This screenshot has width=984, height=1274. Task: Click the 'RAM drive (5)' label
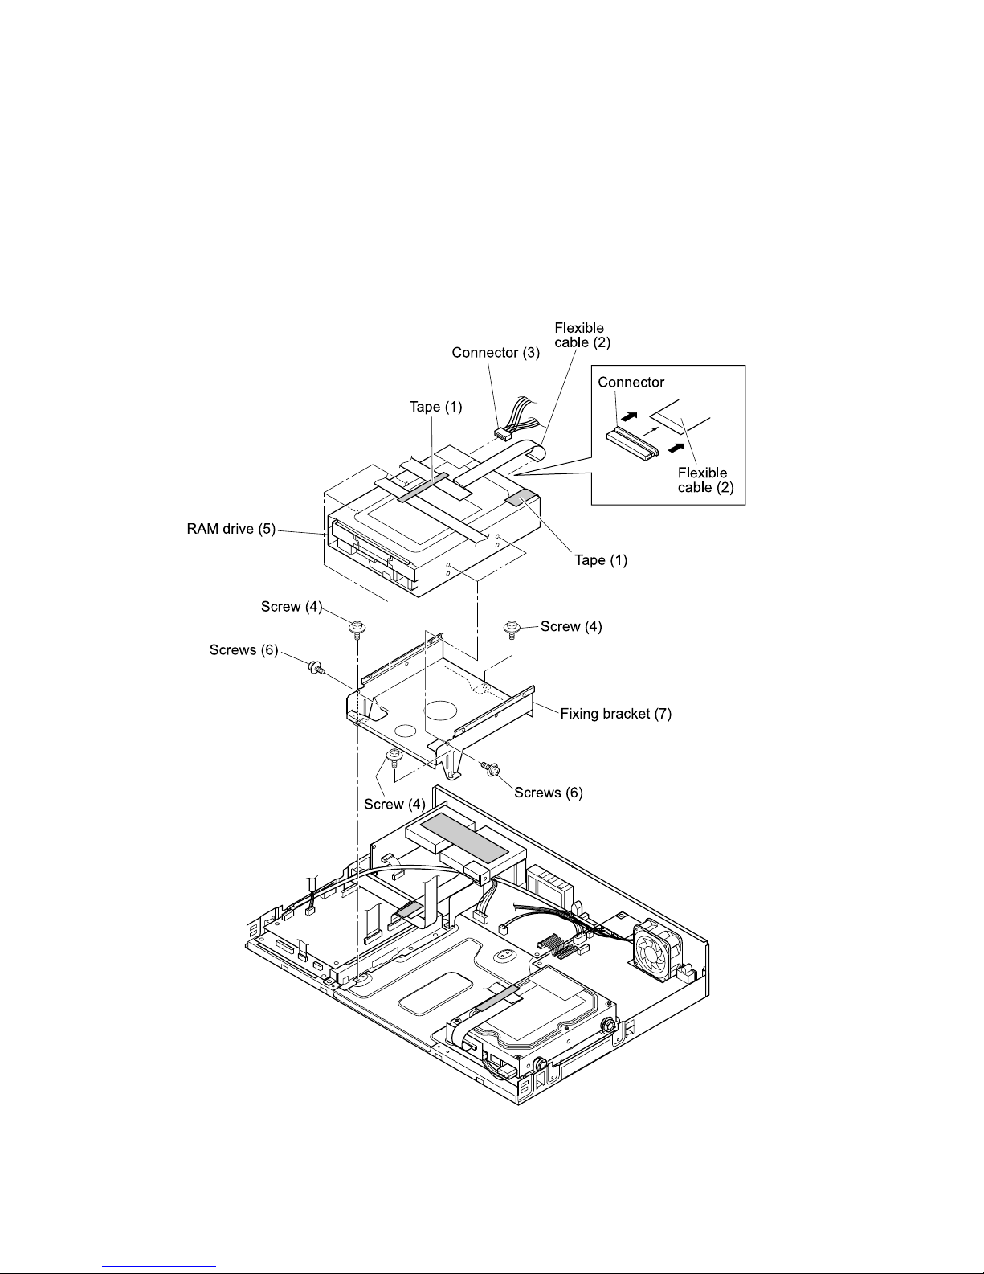pos(231,529)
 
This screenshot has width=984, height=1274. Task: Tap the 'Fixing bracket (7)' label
pos(615,714)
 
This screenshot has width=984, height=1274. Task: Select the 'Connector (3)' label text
pos(496,352)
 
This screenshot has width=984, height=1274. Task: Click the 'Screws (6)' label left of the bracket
pos(243,650)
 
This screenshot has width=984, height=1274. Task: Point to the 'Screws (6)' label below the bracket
pos(548,793)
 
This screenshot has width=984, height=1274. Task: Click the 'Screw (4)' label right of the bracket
pos(571,626)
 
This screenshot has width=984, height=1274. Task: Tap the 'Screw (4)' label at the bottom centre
pos(394,804)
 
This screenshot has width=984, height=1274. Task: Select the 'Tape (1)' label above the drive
pos(435,406)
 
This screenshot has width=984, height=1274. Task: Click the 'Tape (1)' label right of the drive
pos(601,560)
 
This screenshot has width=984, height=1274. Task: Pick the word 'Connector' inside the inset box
pos(631,383)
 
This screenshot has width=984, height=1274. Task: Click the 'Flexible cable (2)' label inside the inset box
pos(705,480)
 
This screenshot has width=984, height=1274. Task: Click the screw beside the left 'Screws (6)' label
pos(316,667)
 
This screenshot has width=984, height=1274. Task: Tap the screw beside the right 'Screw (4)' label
pos(512,629)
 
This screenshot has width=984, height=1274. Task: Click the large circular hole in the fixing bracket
pos(440,710)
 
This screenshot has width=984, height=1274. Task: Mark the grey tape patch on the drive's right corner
pos(521,498)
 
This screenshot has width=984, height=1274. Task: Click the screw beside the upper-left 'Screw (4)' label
pos(357,629)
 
